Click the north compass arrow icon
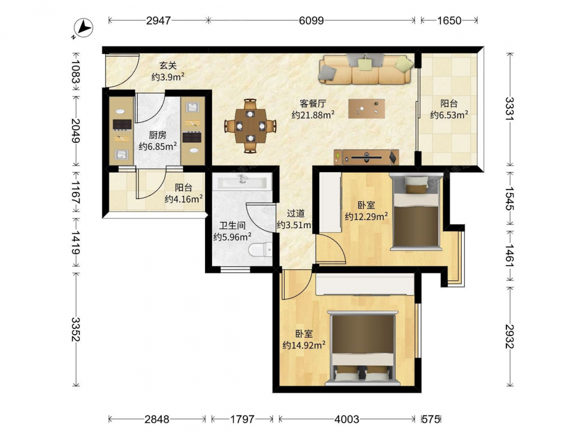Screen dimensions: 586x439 (x=83, y=28)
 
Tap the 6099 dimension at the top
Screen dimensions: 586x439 (x=311, y=20)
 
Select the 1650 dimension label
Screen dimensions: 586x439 (x=449, y=20)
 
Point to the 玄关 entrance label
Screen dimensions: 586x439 (x=168, y=66)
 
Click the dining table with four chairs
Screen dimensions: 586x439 (x=250, y=126)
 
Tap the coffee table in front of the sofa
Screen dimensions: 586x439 (x=367, y=108)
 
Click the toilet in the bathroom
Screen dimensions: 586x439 (x=261, y=250)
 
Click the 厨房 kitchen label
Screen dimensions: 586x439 (x=157, y=135)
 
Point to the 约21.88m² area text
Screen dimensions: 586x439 (x=313, y=115)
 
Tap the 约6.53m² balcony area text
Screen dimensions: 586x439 (x=449, y=115)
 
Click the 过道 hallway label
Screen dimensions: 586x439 (x=295, y=213)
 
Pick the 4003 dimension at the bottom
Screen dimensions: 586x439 (x=346, y=419)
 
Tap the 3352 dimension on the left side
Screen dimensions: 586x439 (x=76, y=329)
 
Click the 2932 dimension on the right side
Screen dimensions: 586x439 (x=510, y=336)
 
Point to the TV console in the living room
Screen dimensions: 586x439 (x=366, y=157)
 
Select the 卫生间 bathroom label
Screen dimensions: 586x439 (x=232, y=225)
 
